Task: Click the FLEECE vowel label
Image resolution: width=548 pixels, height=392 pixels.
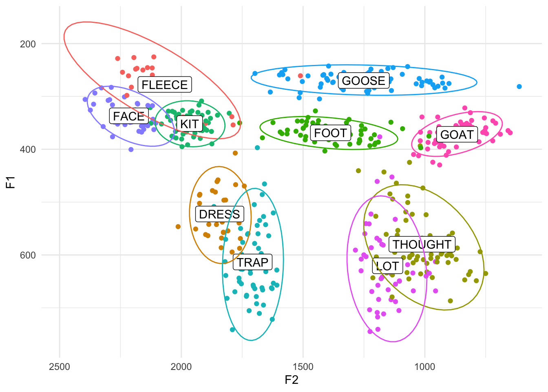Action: tap(165, 85)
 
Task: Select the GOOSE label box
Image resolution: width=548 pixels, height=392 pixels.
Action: tap(364, 80)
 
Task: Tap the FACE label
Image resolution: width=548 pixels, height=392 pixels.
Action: tap(129, 116)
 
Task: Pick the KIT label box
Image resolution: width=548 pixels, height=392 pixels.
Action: tap(190, 124)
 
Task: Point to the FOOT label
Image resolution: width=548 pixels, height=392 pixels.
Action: tap(331, 133)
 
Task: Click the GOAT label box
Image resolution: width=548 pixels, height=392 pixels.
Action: tap(457, 134)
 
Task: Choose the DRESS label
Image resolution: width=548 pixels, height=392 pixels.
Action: tap(219, 214)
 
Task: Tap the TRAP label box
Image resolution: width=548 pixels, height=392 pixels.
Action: tap(252, 262)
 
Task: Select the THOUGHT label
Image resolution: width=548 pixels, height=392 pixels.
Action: tap(422, 244)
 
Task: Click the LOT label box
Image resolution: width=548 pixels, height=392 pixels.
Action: tap(387, 266)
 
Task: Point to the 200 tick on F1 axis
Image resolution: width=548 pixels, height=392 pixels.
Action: tap(28, 44)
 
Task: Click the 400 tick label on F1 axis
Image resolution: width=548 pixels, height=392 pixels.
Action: tap(28, 149)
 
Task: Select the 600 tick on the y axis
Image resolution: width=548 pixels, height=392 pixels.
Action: tap(28, 255)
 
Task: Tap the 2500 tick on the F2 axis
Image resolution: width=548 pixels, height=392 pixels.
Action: tap(60, 367)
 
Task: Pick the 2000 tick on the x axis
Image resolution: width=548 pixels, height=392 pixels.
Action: tap(181, 367)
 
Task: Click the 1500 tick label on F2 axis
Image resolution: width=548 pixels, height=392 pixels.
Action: tap(303, 367)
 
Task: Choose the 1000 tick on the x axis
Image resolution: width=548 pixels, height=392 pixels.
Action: tap(425, 367)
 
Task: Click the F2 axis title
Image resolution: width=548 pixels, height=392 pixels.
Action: tap(292, 380)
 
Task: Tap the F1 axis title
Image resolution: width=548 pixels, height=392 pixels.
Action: tap(10, 182)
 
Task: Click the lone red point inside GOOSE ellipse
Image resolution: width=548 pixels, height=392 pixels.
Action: tap(301, 76)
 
